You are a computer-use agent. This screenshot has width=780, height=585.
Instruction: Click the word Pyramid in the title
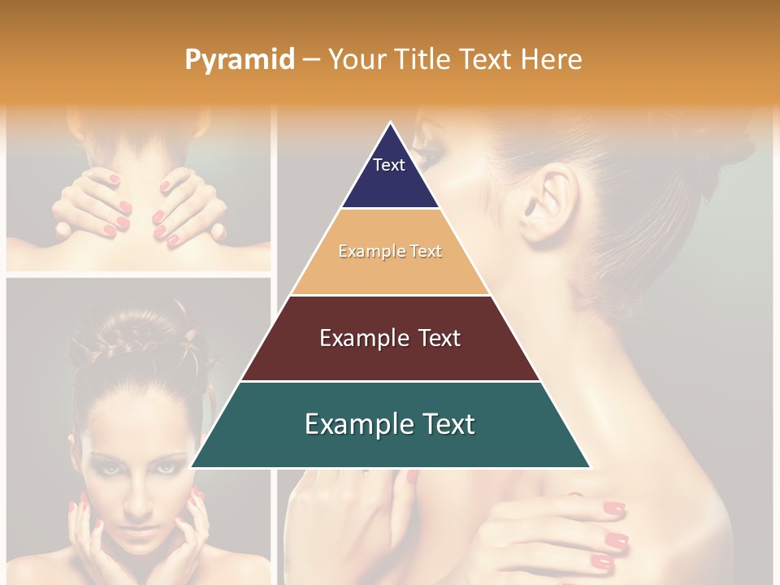239,60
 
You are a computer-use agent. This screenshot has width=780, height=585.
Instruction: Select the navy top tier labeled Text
390,175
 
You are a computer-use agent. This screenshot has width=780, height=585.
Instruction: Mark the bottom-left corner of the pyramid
193,466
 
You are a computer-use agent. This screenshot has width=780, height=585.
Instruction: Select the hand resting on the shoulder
569,528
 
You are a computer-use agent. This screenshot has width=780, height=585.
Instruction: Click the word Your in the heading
357,60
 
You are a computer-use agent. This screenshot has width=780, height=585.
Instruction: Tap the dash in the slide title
310,60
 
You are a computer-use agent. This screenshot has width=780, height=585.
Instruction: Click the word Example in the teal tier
351,424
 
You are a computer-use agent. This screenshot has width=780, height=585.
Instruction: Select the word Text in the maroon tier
435,338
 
